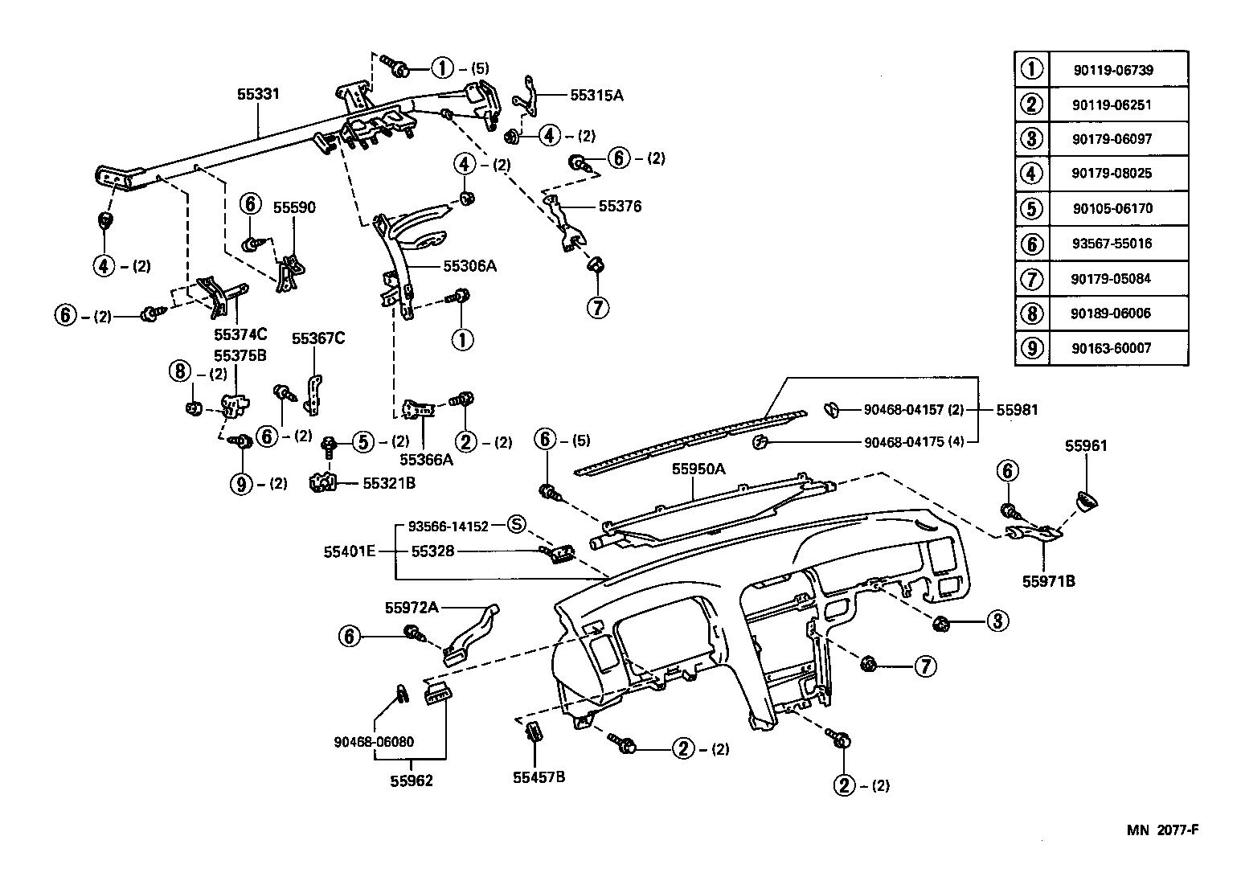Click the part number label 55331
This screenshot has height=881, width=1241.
[x=258, y=94]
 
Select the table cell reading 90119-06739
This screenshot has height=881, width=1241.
[x=1112, y=70]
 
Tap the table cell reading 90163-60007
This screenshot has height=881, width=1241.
[x=1112, y=347]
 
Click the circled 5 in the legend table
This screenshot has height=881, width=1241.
[x=1031, y=208]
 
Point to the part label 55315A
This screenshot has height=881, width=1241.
[x=596, y=95]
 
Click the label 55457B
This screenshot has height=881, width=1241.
[x=539, y=777]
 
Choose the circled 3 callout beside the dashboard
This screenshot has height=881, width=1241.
[x=997, y=621]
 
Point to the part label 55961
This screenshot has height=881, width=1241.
[x=1086, y=445]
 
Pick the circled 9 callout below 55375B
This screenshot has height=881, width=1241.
[x=240, y=484]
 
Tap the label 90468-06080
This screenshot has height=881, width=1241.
[x=374, y=742]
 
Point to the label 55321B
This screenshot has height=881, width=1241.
[x=389, y=483]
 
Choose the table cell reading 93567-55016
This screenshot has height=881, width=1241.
[x=1112, y=243]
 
